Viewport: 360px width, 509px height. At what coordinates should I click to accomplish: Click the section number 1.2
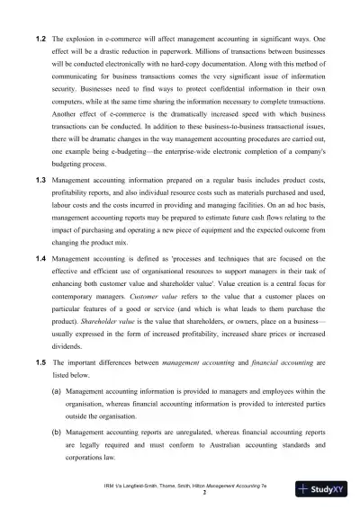point(40,41)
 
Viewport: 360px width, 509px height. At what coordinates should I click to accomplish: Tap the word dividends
point(71,346)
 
